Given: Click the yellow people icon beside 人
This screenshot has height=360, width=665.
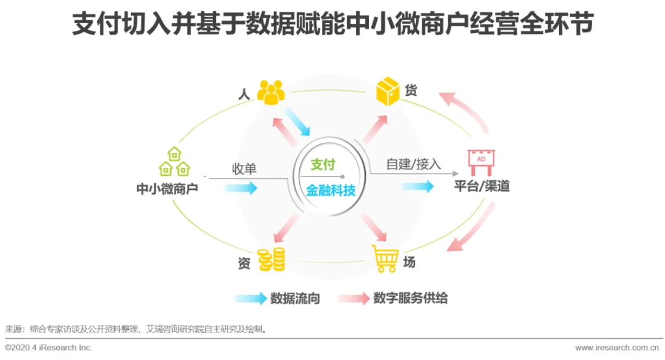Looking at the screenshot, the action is pos(271,92).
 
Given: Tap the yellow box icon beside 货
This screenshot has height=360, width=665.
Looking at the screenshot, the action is pos(388,91).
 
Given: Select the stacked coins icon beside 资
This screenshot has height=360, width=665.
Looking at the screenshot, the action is pos(271,260).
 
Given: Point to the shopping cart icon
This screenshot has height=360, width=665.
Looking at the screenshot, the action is pos(385,258).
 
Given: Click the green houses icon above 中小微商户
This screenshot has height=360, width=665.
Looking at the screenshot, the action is pos(174,162).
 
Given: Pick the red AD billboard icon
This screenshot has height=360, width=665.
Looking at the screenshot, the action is pos(481,162).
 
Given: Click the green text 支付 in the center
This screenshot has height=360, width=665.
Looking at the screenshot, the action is pos(323,164).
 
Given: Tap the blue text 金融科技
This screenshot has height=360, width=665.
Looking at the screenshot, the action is pos(331,190).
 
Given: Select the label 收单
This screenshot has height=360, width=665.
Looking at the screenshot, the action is pos(244,169).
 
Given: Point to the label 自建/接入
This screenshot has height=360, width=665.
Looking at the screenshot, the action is pos(413,164).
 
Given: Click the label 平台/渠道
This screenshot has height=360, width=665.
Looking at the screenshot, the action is pos(482,186).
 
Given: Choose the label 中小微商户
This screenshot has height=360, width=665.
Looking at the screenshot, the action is pos(167,189).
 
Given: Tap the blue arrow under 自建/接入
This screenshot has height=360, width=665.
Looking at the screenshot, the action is pos(417,186).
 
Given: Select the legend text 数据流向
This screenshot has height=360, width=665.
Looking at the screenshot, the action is pos(295,299).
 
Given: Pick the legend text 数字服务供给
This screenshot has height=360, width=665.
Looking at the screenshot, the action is pos(410,299).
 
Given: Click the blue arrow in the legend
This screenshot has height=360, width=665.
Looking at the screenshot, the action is pos(250,299).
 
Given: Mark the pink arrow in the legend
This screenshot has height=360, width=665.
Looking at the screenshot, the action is pos(353,299).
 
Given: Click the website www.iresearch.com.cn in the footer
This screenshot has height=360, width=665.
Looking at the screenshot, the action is pos(619,348).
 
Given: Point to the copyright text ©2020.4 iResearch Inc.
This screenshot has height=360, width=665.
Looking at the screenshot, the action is pos(49,348).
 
